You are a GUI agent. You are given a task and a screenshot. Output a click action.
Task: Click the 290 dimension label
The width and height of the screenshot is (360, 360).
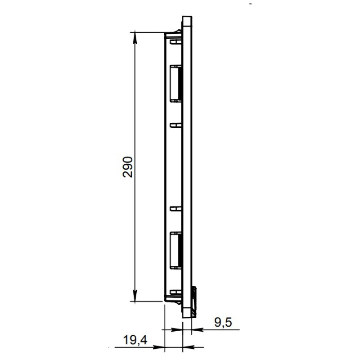127,167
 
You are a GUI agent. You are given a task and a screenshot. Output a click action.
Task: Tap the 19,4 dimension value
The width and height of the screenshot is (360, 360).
135,340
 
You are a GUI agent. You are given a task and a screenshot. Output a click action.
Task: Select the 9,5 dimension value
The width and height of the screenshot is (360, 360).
223,322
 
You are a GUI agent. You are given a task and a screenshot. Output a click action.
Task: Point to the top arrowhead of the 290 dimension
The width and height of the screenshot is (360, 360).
135,37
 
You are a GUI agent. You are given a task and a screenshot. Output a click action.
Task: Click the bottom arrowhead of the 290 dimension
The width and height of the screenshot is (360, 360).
135,296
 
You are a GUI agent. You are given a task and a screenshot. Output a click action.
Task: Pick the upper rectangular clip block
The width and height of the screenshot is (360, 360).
176,83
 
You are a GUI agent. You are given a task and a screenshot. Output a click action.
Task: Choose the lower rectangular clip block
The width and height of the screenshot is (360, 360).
176,250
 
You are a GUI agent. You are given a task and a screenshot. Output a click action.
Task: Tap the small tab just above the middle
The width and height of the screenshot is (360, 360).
175,125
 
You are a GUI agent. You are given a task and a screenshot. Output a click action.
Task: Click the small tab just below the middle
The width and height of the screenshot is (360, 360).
175,209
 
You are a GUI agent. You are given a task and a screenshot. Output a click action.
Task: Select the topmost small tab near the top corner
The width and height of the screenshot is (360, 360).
175,42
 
